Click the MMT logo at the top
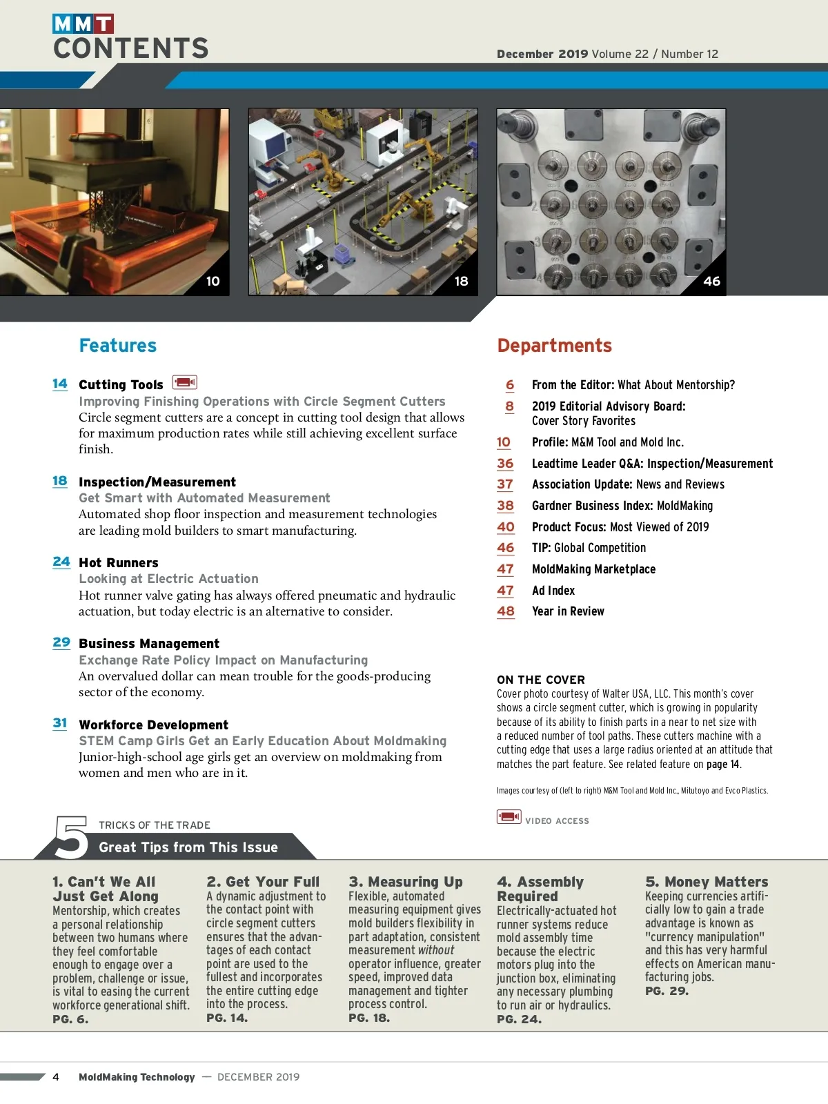83,24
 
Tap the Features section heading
118,346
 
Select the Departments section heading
554,346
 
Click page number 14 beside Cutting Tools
60,384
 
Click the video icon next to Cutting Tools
184,382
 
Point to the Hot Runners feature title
119,563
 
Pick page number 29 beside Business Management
61,642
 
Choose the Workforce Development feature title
153,725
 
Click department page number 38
505,506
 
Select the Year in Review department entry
568,611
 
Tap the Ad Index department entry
553,591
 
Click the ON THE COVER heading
541,680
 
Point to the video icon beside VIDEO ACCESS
509,818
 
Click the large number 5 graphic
72,837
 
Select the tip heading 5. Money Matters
707,882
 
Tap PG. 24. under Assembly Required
519,1019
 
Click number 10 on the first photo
213,282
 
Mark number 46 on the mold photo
711,282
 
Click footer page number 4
56,1077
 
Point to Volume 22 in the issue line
620,54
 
